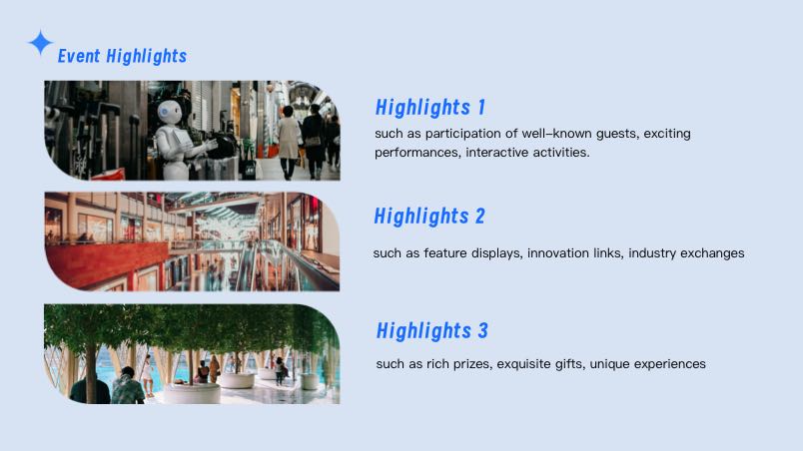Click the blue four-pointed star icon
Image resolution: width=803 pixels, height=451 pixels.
point(40,43)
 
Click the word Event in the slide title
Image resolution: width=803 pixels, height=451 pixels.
point(78,56)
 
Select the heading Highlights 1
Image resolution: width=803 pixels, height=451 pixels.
point(430,108)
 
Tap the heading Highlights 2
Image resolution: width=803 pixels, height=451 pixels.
point(429,217)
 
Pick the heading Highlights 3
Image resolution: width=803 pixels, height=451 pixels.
point(432,331)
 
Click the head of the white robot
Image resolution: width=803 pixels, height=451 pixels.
point(169,112)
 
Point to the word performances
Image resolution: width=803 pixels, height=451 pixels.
point(416,153)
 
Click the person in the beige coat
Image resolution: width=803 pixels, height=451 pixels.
point(289,142)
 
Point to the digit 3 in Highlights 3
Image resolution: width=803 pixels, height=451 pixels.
point(483,331)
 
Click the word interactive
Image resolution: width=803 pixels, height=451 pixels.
point(496,153)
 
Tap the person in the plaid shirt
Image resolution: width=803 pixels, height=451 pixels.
point(128,386)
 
